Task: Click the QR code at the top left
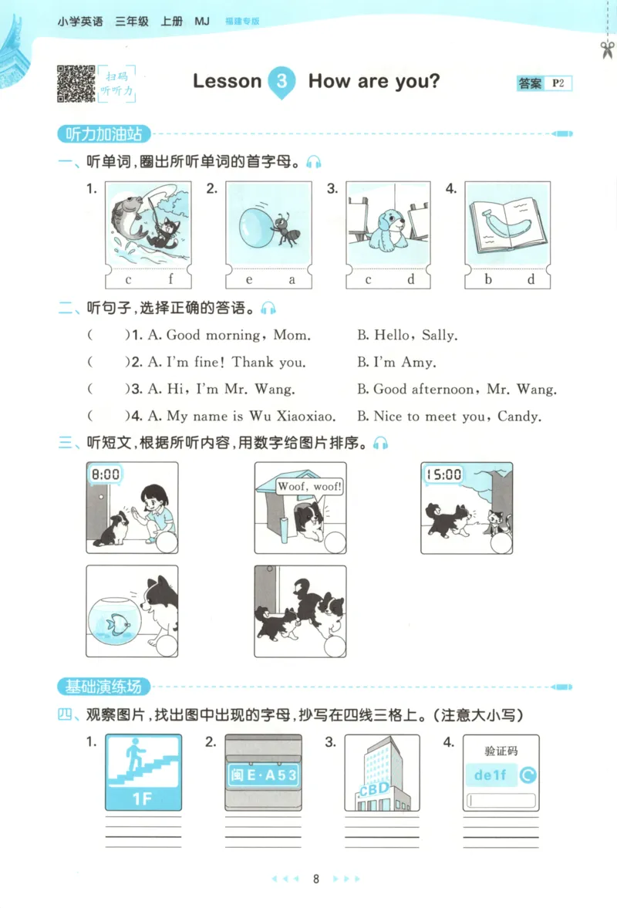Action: pyautogui.click(x=75, y=83)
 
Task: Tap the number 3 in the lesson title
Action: pyautogui.click(x=283, y=82)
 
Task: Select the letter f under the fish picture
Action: pyautogui.click(x=170, y=279)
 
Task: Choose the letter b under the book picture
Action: pyautogui.click(x=488, y=279)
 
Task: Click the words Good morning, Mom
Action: pyautogui.click(x=238, y=336)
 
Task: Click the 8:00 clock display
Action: pyautogui.click(x=105, y=474)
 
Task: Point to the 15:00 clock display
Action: pyautogui.click(x=443, y=474)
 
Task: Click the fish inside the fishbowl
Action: pyautogui.click(x=119, y=624)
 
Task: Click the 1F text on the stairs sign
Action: pyautogui.click(x=143, y=798)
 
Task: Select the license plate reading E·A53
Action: pyautogui.click(x=262, y=774)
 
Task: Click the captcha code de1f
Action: pyautogui.click(x=490, y=775)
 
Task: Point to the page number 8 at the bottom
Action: pyautogui.click(x=315, y=879)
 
